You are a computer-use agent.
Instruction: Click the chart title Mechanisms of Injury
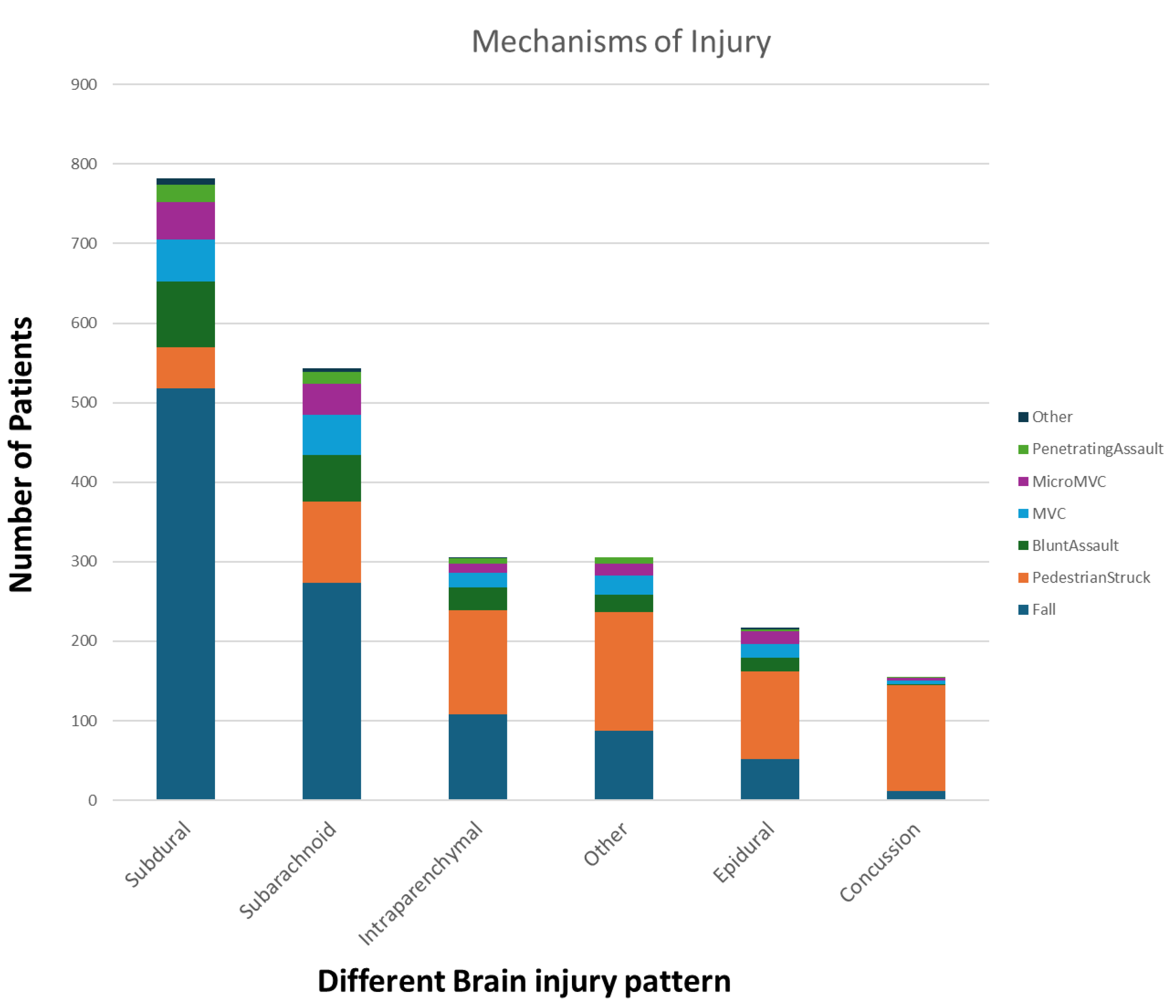coord(620,42)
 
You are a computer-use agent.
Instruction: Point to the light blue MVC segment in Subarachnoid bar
coord(331,435)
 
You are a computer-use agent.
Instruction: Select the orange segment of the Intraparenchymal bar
coord(478,662)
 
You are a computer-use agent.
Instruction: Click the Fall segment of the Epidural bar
coord(769,779)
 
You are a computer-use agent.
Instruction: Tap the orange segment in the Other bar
coord(623,671)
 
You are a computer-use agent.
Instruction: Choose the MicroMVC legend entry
coord(1068,482)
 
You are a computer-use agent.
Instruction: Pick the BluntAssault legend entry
coord(1074,546)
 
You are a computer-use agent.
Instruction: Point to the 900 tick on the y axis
coord(84,85)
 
